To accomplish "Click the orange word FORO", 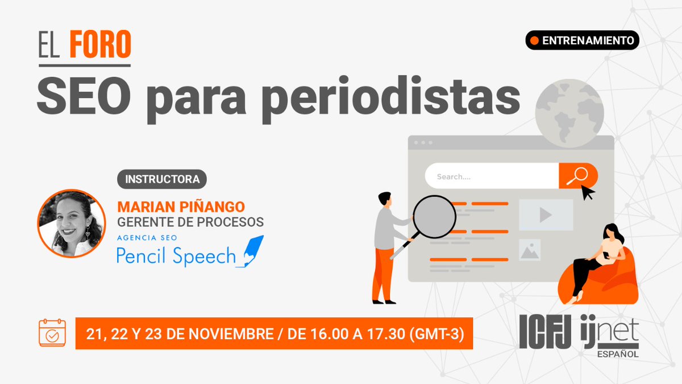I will [100, 46].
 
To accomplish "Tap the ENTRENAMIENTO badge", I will [582, 40].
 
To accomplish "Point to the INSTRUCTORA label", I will [162, 179].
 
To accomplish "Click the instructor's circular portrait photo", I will [71, 224].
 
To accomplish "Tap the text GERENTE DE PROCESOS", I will [190, 221].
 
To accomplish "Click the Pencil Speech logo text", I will [176, 256].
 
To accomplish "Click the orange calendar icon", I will [52, 333].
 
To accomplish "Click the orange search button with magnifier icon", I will [577, 176].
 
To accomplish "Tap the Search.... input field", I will [492, 176].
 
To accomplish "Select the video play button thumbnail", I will [546, 214].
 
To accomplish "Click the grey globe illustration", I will [569, 114].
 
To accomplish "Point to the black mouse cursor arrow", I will [588, 192].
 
